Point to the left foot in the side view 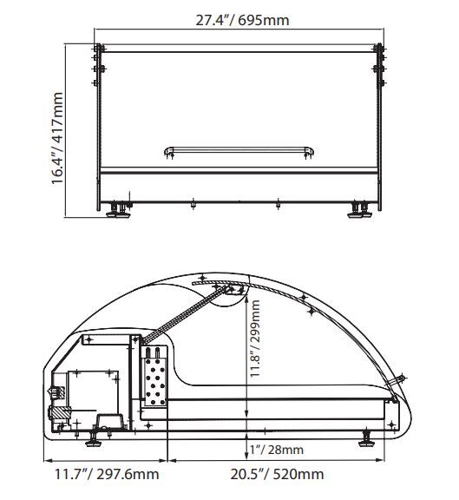pos(94,439)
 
